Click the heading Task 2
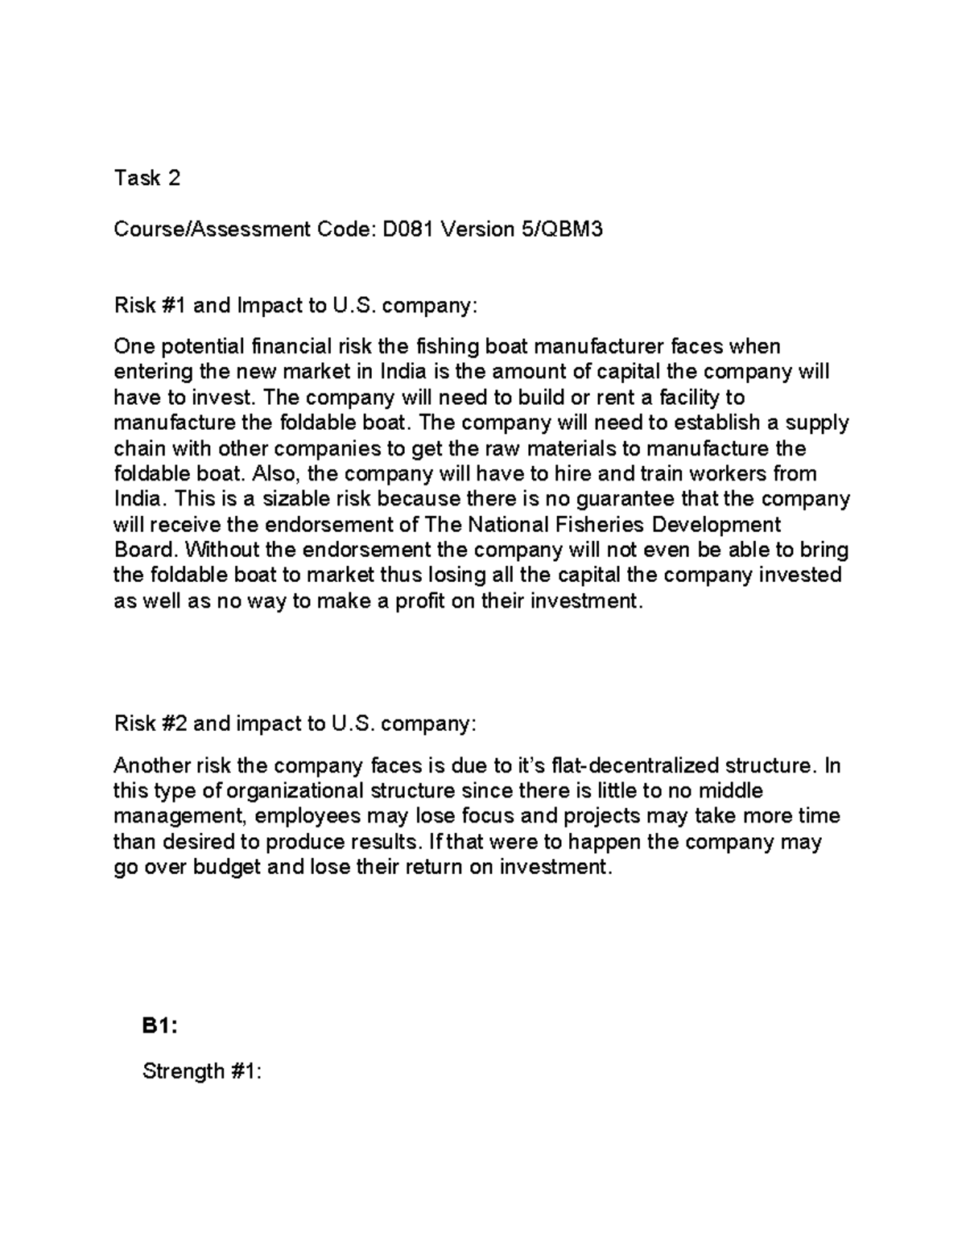point(147,178)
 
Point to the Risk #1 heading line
point(295,306)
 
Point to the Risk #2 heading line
point(295,724)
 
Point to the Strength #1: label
point(202,1071)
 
